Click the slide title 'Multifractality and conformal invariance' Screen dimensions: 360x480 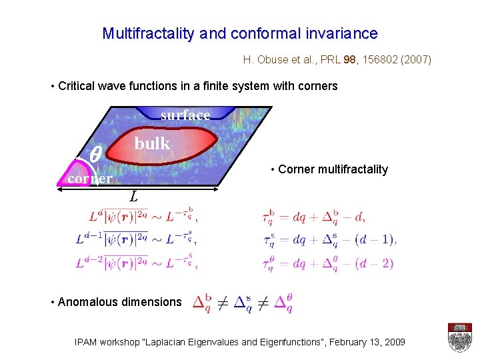pyautogui.click(x=240, y=33)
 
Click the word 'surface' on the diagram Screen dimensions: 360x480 pyautogui.click(x=185, y=115)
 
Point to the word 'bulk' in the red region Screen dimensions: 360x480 pyautogui.click(x=152, y=143)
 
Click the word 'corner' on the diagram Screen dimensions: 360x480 pyautogui.click(x=90, y=179)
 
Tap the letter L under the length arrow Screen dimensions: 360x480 pyautogui.click(x=134, y=197)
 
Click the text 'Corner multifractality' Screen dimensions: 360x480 pyautogui.click(x=333, y=169)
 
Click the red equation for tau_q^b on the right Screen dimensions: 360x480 pyautogui.click(x=314, y=216)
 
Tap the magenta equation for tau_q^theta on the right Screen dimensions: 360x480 pyautogui.click(x=329, y=263)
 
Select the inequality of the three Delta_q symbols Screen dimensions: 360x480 pyautogui.click(x=242, y=303)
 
